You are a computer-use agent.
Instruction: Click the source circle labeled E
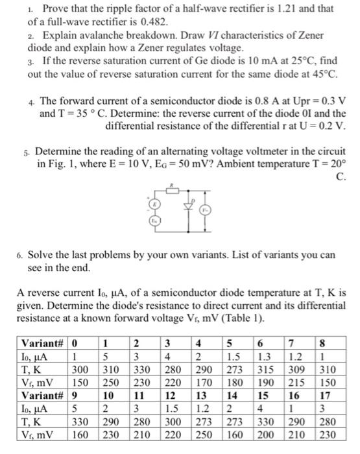click(155, 203)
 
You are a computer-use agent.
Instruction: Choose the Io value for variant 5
click(235, 355)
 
